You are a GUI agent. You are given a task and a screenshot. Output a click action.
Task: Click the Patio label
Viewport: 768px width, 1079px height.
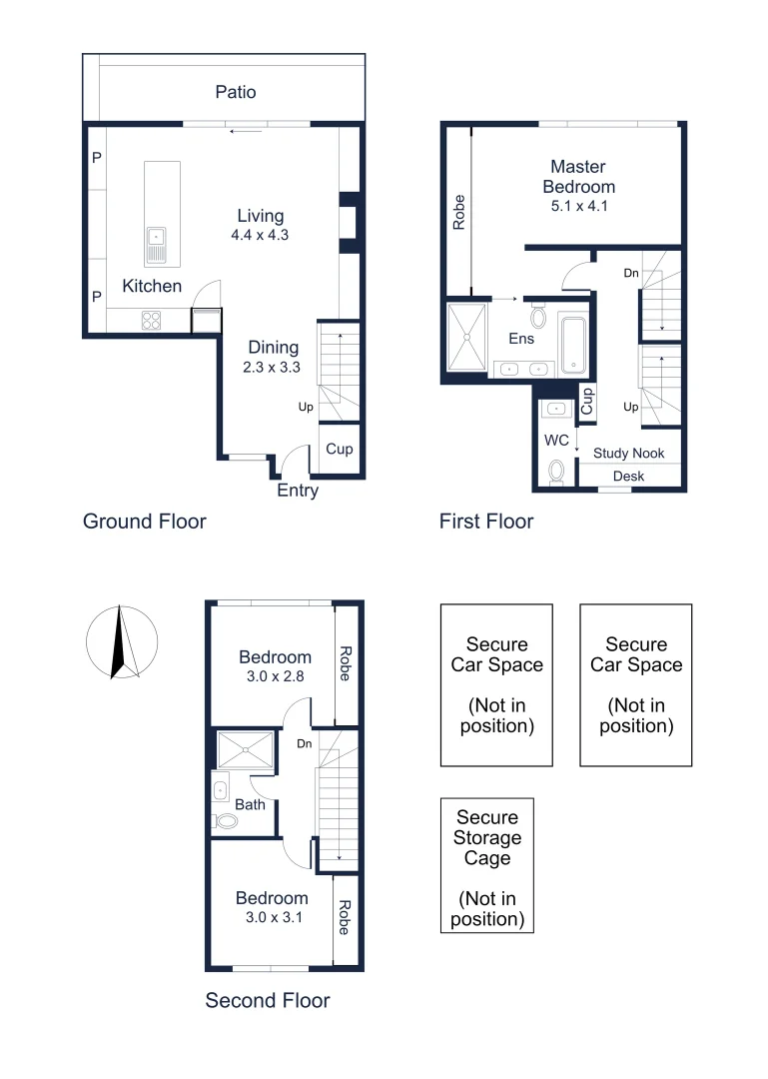click(236, 92)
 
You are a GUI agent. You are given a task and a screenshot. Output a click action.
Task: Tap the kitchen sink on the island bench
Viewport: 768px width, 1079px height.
click(157, 243)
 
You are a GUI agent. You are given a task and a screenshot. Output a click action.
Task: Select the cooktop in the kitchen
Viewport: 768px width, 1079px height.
click(152, 321)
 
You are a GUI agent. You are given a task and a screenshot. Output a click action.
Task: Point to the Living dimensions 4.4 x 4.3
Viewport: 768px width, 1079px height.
click(260, 236)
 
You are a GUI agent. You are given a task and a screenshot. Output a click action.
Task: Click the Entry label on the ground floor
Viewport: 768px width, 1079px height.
click(298, 491)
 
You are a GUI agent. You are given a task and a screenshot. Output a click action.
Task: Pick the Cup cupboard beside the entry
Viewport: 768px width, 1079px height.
click(339, 449)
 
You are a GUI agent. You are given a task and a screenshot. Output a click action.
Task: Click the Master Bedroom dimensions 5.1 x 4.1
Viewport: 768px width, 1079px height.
click(578, 207)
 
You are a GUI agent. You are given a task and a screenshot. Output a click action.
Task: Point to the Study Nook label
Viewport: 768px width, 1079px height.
click(628, 453)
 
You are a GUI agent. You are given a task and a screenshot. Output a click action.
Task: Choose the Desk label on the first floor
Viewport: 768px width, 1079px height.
click(628, 477)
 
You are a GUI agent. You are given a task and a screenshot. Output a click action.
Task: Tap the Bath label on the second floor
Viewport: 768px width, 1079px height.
click(250, 803)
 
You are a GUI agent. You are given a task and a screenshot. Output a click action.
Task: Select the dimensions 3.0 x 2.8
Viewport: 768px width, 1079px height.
click(275, 676)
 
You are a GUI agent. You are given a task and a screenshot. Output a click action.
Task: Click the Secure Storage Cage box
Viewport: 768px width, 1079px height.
click(487, 865)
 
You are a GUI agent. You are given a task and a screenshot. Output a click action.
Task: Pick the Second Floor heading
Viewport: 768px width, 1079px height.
click(268, 1000)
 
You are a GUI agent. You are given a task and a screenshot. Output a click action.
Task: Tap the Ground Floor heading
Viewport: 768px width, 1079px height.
click(144, 521)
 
